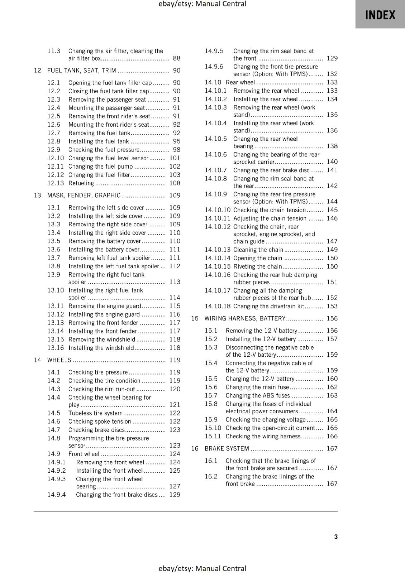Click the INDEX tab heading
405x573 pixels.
(380, 15)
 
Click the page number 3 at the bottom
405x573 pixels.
(336, 536)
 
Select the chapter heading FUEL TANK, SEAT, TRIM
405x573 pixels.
(82, 71)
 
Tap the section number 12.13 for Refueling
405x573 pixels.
(56, 183)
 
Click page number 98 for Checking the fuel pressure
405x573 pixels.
(177, 150)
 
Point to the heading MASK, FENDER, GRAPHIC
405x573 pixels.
(84, 195)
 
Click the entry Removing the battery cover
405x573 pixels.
(105, 241)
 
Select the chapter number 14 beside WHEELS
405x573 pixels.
(38, 360)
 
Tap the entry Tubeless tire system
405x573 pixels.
(95, 413)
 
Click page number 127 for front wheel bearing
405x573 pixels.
(175, 486)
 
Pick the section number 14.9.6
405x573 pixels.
(214, 67)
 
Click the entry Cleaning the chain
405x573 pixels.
(258, 250)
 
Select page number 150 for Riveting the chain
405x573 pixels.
(332, 266)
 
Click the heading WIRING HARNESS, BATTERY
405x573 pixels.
(245, 318)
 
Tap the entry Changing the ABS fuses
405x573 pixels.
(258, 395)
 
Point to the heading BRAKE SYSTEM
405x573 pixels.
(227, 448)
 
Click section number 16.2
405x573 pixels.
(211, 476)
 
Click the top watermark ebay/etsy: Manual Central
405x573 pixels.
(202, 4)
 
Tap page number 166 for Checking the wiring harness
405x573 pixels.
(332, 436)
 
